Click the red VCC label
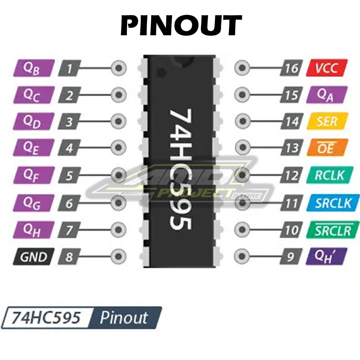[x=327, y=68]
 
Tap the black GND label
[x=33, y=257]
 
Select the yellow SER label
[x=327, y=121]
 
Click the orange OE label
[x=327, y=148]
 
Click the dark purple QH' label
[x=327, y=256]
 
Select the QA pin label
[x=327, y=95]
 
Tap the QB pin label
[x=33, y=68]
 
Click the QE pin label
[x=33, y=148]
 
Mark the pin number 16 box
[x=291, y=68]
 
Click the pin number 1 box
[x=69, y=68]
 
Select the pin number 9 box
[x=291, y=257]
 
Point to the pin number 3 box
[x=69, y=122]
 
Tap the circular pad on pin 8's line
[x=118, y=257]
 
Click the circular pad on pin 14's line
[x=242, y=122]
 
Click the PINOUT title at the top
[x=180, y=26]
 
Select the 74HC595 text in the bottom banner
[x=46, y=318]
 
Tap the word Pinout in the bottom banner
[x=124, y=318]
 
